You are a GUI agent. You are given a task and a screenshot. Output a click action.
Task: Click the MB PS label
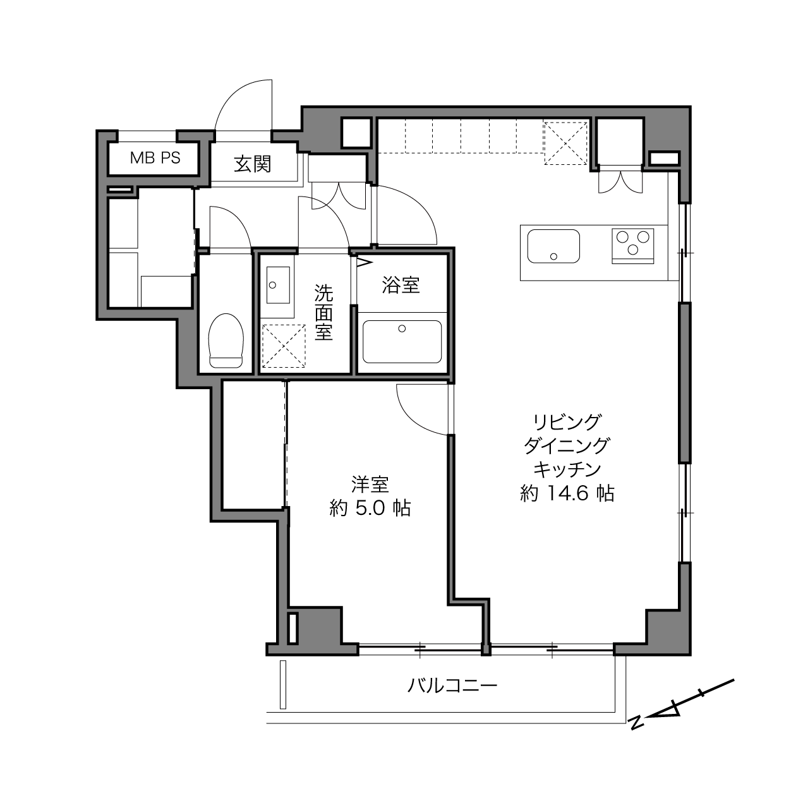(155, 158)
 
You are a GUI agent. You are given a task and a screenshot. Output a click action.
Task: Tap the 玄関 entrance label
(253, 164)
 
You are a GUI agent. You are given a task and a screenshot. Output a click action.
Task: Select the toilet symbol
(226, 341)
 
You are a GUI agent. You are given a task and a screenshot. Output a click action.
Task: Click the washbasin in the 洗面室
(278, 285)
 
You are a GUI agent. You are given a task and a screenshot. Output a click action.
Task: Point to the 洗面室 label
(323, 312)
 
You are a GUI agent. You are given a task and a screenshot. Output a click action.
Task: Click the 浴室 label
(401, 285)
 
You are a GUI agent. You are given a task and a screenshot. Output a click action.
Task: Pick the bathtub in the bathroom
(402, 342)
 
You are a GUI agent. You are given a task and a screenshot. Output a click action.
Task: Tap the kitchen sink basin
(553, 246)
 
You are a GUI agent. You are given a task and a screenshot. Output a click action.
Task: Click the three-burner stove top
(632, 246)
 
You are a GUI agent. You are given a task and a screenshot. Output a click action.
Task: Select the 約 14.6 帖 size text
(567, 493)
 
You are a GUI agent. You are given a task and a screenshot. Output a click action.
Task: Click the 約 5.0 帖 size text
(370, 508)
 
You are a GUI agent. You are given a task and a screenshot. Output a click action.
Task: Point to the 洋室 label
(370, 485)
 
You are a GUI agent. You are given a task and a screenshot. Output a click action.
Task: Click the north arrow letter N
(637, 723)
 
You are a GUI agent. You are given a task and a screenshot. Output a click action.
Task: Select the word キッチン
(567, 469)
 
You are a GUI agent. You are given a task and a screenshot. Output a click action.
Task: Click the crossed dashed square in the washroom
(284, 346)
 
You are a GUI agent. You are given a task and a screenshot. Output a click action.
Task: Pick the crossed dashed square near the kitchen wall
(565, 143)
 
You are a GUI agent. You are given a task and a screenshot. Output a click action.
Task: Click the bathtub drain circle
(402, 329)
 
